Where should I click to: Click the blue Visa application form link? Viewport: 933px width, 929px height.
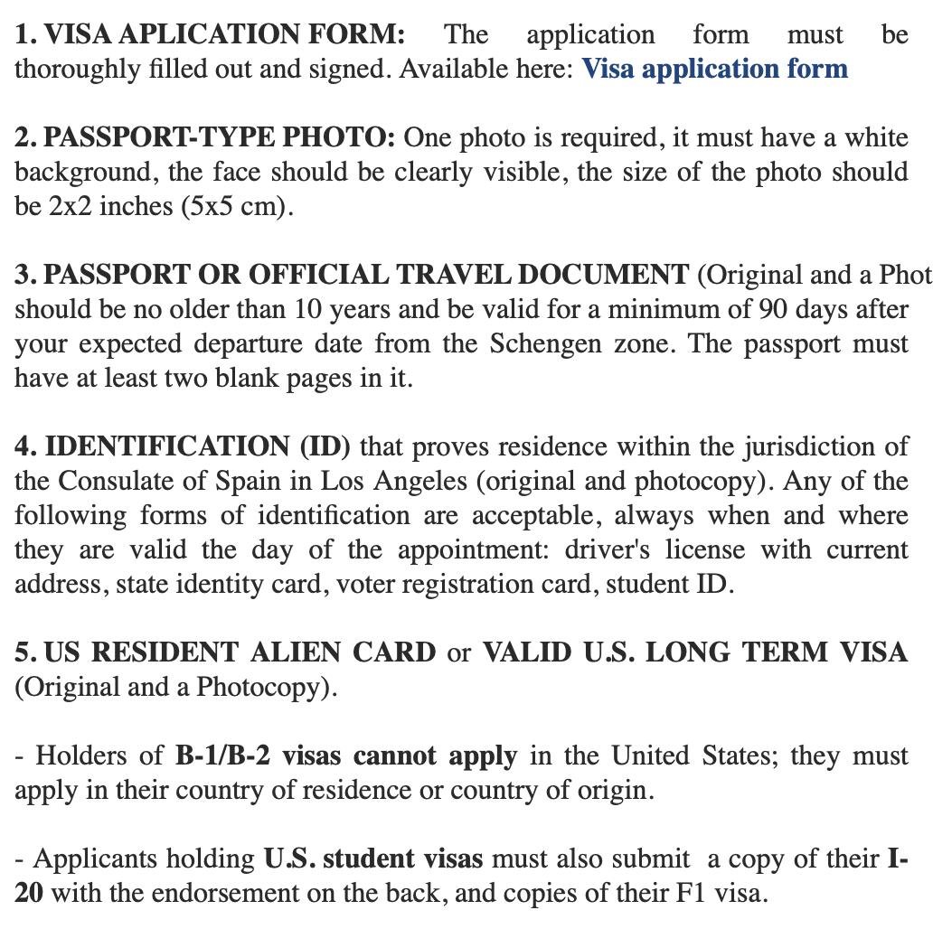coord(714,70)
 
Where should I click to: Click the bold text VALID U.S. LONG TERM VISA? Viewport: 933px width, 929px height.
coord(694,652)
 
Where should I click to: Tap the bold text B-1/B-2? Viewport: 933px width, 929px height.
coord(222,755)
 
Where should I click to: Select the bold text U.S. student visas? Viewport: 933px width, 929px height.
coord(372,859)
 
